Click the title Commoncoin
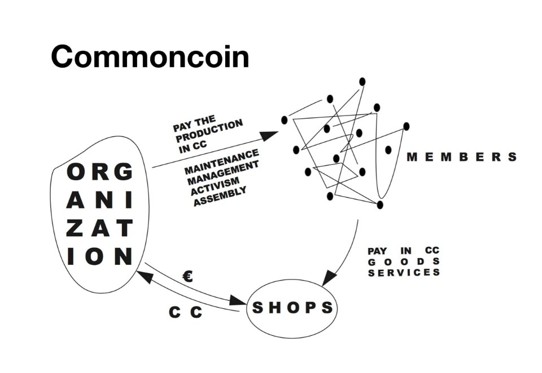click(150, 56)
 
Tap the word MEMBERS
click(461, 157)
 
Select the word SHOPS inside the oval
click(292, 308)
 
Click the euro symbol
click(188, 276)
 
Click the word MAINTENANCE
click(221, 161)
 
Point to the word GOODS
click(403, 261)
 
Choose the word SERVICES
click(403, 273)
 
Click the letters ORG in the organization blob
click(99, 172)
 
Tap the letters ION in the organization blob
click(99, 256)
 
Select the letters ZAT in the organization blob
click(99, 228)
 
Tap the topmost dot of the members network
click(362, 82)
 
